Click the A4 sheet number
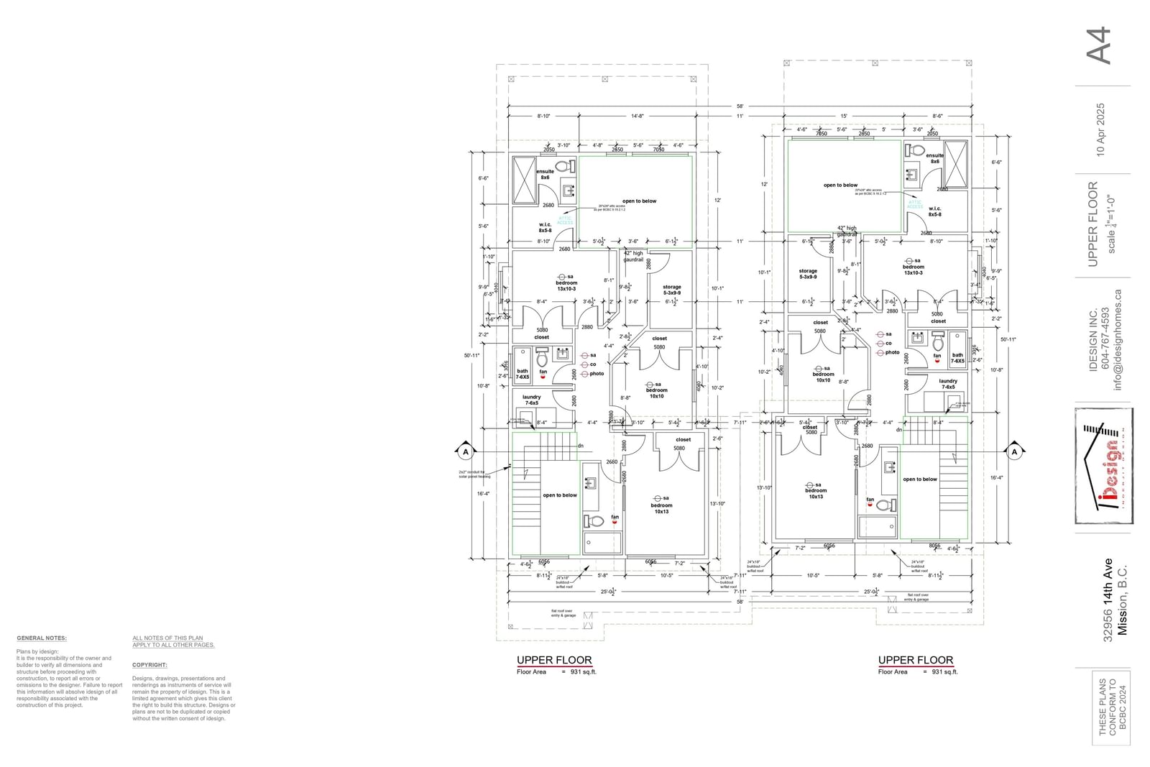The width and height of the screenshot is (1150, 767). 1100,46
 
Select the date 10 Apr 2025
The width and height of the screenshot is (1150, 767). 1100,129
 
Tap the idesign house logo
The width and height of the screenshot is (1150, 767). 1104,466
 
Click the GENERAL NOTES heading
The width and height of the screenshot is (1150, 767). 42,638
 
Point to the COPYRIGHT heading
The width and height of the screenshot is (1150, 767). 149,665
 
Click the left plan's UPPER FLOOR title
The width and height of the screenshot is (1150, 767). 554,659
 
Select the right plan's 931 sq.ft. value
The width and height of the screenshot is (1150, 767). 944,672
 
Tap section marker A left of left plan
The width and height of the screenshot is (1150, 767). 466,451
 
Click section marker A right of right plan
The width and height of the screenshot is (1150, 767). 1014,451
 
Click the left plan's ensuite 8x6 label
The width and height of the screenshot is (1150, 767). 545,174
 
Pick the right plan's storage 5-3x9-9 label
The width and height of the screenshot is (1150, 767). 808,274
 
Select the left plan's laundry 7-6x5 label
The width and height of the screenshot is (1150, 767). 532,400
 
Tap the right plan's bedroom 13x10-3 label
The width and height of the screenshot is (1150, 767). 914,270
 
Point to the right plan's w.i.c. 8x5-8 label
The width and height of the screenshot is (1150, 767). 934,211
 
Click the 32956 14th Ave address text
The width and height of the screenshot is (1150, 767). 1108,600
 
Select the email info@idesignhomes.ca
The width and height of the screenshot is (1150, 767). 1118,339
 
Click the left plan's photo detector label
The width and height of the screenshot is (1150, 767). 597,374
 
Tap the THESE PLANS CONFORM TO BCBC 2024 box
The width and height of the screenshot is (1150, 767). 1112,706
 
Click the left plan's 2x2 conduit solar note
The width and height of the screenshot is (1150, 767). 474,474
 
